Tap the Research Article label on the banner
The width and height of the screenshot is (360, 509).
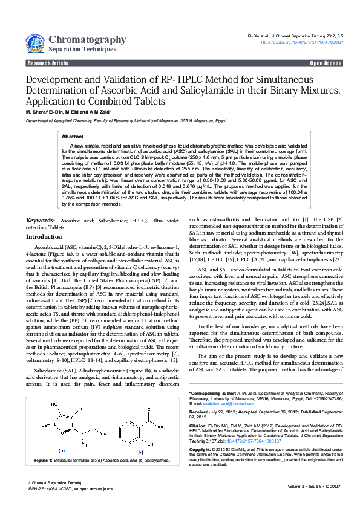[x=47, y=63]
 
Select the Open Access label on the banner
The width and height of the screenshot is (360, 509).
[x=326, y=63]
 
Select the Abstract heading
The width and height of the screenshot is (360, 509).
[x=73, y=137]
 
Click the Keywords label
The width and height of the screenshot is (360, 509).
[x=41, y=221]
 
